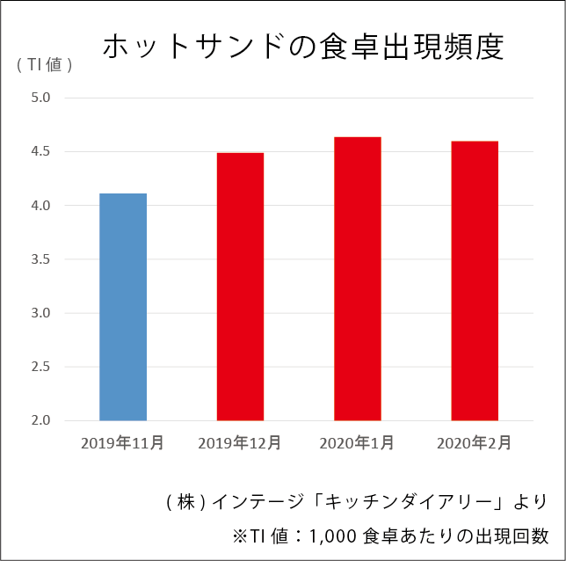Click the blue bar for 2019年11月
(x=123, y=307)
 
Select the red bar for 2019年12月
(x=240, y=287)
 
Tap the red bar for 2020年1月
(x=358, y=279)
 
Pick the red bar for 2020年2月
(x=475, y=280)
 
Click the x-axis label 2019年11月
(x=122, y=442)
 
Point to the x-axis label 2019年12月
(x=240, y=442)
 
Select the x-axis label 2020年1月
(x=357, y=442)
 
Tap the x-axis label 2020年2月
(x=474, y=442)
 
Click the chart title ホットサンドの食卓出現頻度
(x=303, y=47)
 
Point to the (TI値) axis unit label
(x=43, y=64)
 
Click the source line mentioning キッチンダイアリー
(x=356, y=502)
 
